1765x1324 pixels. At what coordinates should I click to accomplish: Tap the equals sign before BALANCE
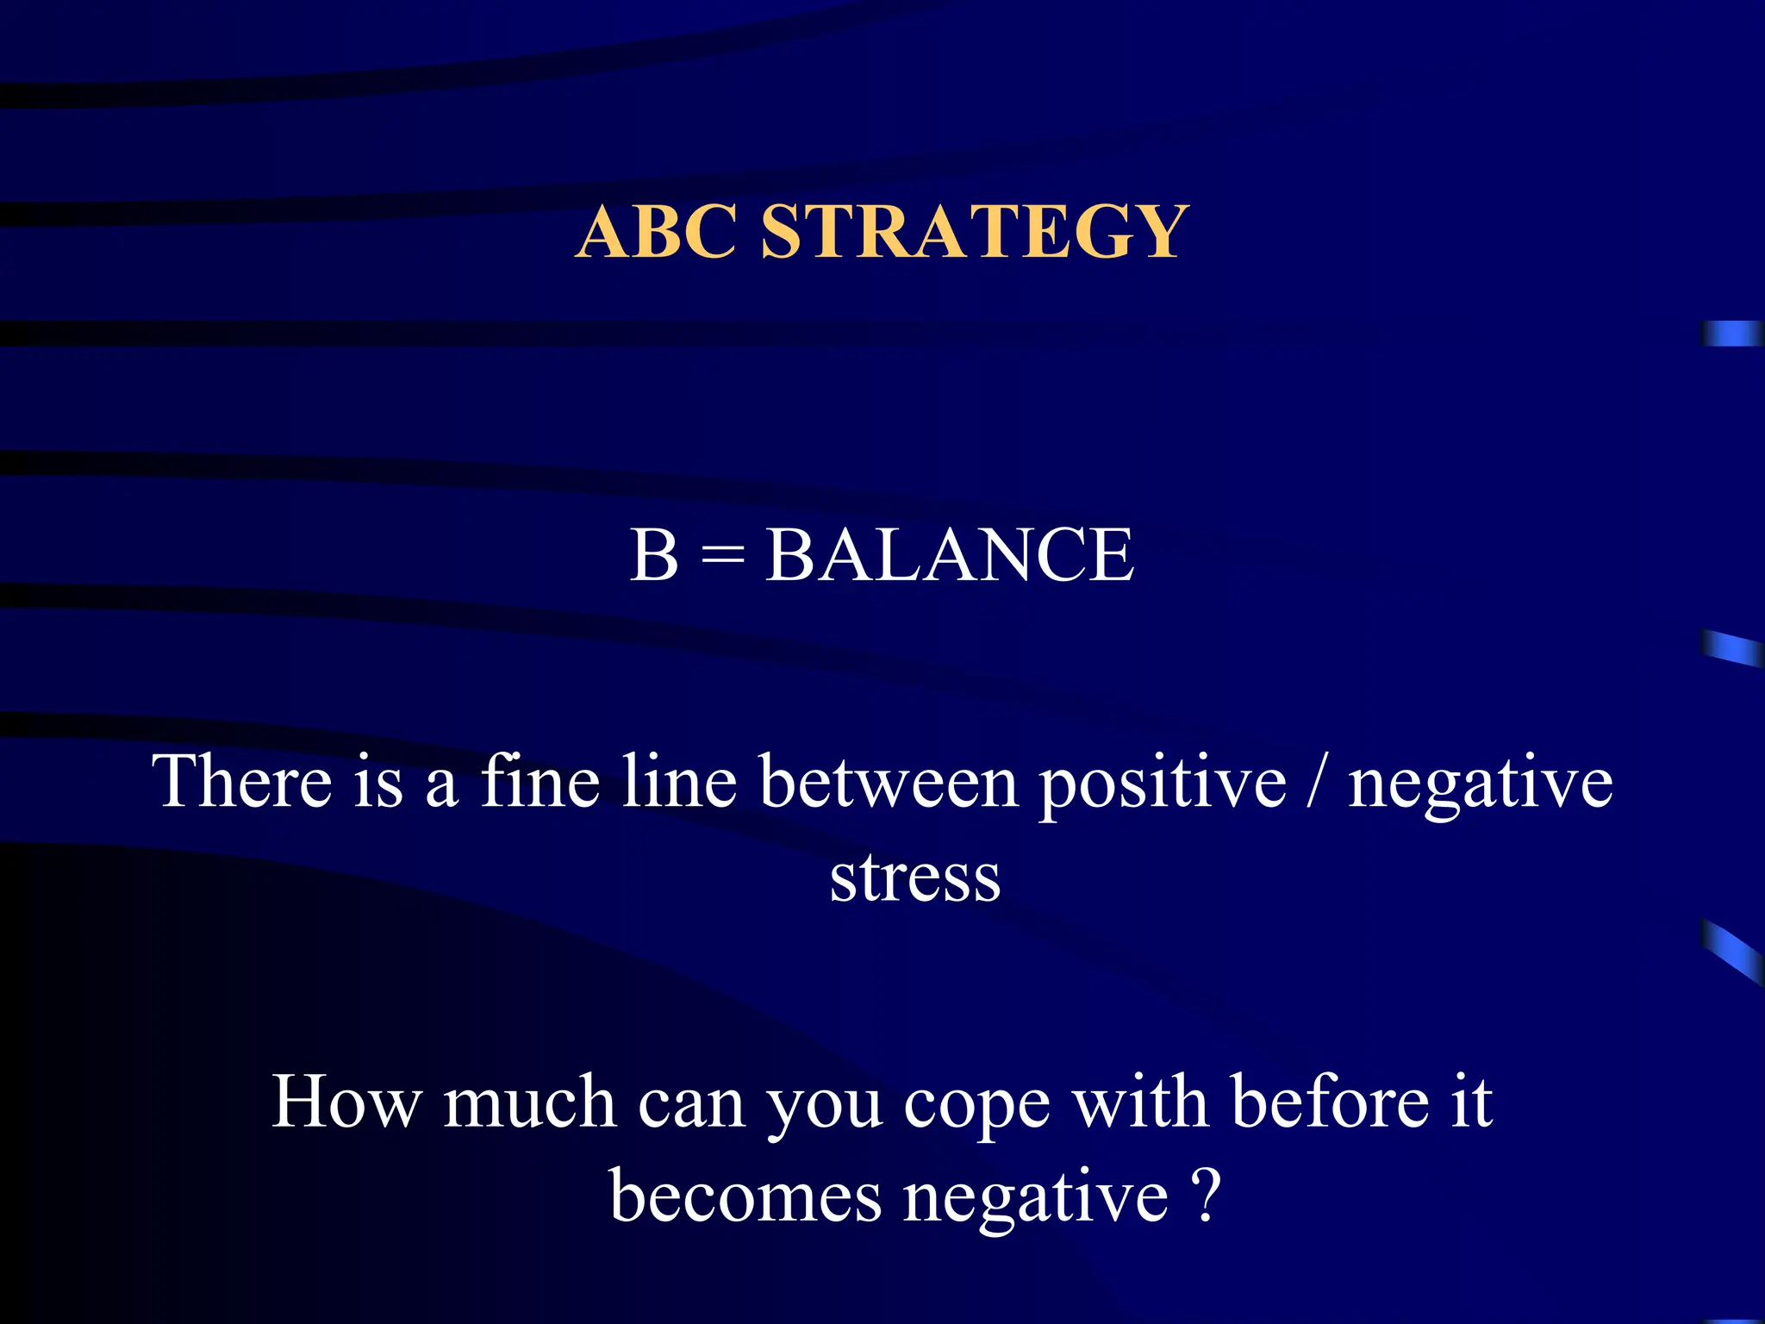pyautogui.click(x=722, y=555)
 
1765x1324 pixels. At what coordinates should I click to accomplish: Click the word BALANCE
pyautogui.click(x=950, y=555)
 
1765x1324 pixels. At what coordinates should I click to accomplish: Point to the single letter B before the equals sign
pyautogui.click(x=653, y=555)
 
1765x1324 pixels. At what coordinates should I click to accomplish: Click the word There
pyautogui.click(x=242, y=781)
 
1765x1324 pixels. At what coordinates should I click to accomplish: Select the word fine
pyautogui.click(x=539, y=781)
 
